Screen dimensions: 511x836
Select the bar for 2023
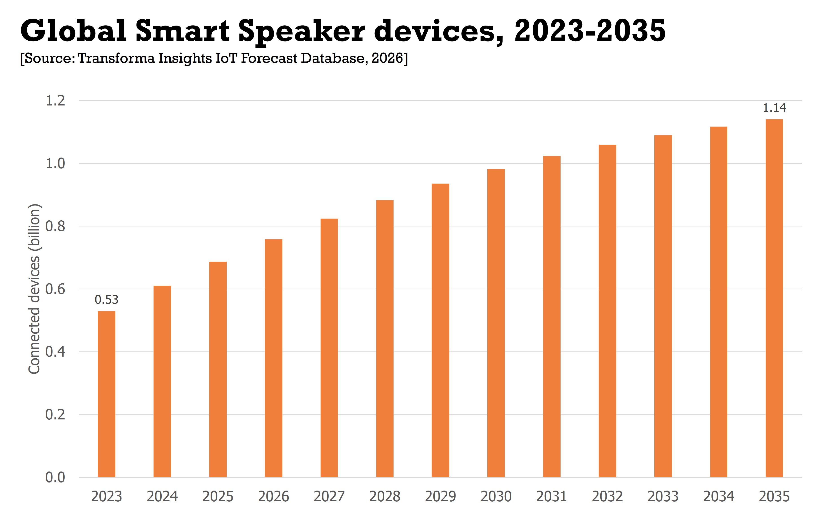(107, 394)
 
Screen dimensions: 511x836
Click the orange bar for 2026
(273, 358)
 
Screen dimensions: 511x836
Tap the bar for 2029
(440, 330)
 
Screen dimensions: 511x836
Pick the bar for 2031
(552, 316)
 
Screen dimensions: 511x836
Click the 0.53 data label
(107, 300)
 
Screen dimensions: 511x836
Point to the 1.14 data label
(774, 108)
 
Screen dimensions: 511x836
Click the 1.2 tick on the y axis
(55, 101)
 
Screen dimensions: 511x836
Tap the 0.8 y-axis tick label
(55, 226)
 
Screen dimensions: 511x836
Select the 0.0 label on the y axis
(55, 477)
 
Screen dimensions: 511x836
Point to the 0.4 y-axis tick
(55, 352)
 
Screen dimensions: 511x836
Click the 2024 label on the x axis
(162, 496)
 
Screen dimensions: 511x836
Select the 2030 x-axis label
(496, 496)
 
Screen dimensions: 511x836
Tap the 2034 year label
(719, 496)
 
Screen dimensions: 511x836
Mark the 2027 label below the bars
(329, 496)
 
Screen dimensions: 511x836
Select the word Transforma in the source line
(116, 58)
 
